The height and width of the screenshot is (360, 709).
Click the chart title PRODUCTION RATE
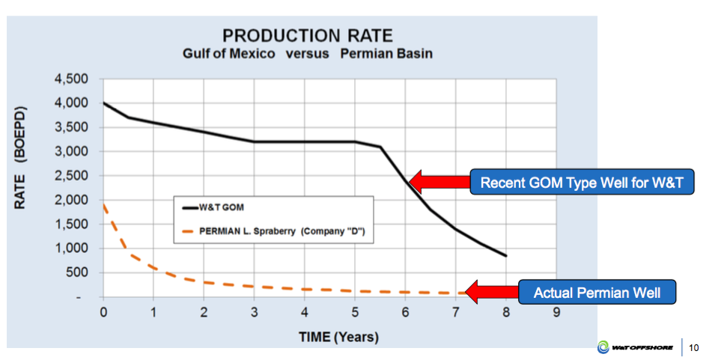click(307, 36)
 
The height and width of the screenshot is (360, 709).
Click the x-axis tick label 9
click(556, 311)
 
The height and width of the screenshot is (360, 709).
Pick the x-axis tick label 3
click(254, 311)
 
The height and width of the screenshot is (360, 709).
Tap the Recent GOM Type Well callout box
click(582, 183)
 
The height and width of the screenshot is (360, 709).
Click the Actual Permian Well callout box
click(597, 293)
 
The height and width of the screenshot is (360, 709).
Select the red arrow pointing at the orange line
click(490, 290)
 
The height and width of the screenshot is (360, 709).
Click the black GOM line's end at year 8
click(506, 256)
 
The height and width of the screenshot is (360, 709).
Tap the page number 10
click(693, 347)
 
